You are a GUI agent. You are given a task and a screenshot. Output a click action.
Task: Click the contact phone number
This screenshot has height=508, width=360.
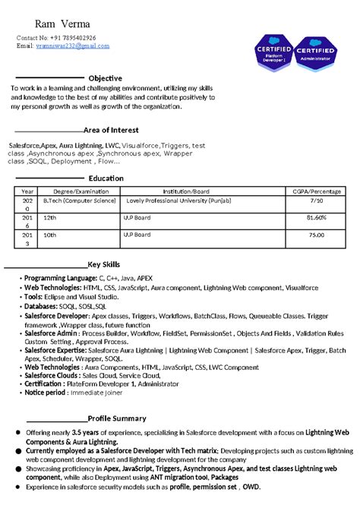click(75, 37)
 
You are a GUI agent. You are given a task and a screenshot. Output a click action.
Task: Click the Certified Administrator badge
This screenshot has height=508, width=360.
click(314, 55)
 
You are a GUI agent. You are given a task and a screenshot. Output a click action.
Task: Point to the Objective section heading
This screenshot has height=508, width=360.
click(106, 78)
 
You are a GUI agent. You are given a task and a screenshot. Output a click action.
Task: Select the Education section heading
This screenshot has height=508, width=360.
click(106, 178)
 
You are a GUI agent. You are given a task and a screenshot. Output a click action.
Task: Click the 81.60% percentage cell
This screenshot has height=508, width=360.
click(316, 217)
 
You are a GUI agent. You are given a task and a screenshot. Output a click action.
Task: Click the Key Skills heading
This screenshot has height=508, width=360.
click(104, 263)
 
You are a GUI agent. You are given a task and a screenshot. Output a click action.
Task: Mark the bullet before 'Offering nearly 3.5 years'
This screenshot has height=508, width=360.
click(18, 432)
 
